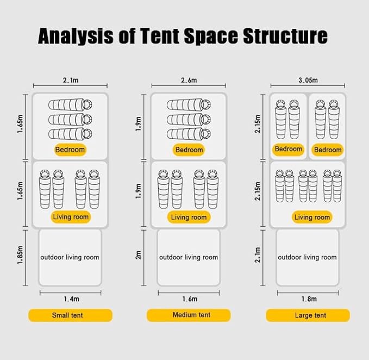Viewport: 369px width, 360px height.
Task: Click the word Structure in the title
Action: (285, 36)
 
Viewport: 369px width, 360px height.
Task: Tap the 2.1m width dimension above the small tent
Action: (71, 80)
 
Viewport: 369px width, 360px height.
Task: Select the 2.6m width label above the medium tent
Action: (189, 80)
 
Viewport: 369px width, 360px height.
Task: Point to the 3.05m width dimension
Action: (308, 80)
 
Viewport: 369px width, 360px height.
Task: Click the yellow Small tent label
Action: (70, 315)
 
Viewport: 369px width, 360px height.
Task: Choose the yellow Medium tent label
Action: (189, 315)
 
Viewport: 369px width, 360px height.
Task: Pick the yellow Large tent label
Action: (308, 315)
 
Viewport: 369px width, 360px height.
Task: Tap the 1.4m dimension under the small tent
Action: (72, 299)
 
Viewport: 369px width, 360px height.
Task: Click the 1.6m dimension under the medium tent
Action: (190, 299)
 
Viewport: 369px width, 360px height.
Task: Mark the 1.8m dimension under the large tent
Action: (309, 299)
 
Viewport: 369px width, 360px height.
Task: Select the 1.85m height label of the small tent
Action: (20, 255)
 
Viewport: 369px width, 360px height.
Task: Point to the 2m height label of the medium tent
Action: (139, 255)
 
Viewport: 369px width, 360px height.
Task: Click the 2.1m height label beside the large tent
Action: (258, 255)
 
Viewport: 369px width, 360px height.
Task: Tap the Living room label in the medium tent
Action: (189, 217)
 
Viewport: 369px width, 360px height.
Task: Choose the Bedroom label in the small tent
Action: (70, 150)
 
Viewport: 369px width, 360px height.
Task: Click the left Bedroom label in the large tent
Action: (288, 149)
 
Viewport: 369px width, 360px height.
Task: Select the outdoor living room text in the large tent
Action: (307, 257)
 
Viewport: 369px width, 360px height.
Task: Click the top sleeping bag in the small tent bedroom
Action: (70, 104)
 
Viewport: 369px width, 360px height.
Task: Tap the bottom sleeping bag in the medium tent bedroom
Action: (189, 134)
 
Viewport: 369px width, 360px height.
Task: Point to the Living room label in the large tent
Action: (312, 217)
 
